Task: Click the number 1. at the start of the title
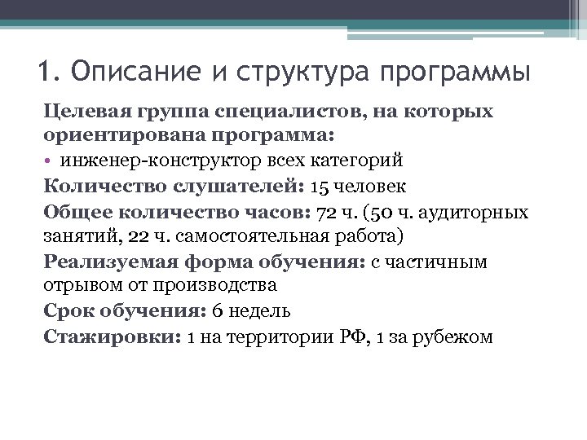(x=48, y=71)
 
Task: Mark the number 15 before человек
(x=320, y=187)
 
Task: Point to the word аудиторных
(x=483, y=213)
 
